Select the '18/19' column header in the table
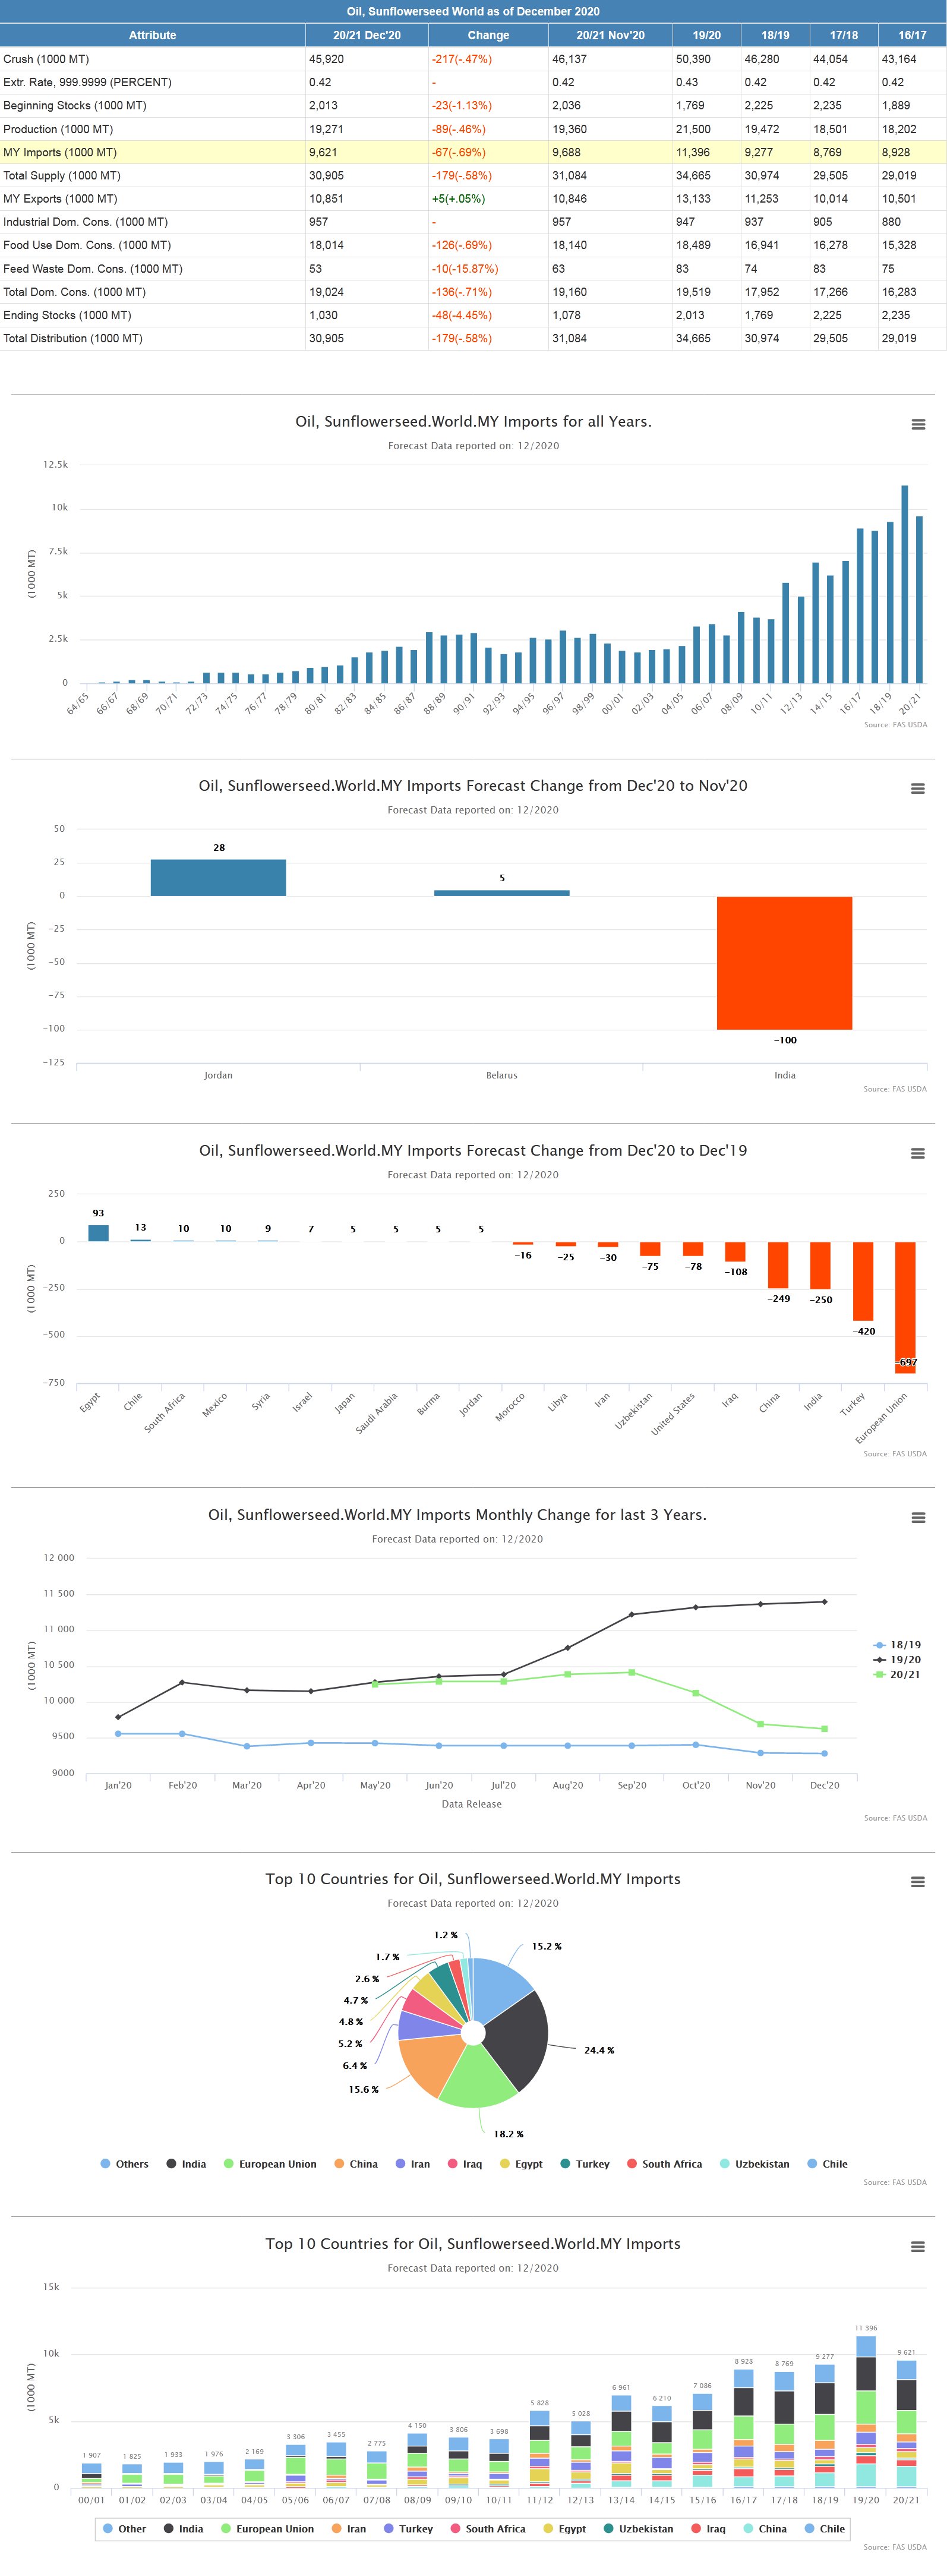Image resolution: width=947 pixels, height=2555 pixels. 775,34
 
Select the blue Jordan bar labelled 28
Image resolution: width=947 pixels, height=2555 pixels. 218,878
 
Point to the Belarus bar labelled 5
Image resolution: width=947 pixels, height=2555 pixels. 502,892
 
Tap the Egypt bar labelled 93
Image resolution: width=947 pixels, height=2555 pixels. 98,1233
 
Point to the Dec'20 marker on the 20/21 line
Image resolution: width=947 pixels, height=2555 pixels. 824,1729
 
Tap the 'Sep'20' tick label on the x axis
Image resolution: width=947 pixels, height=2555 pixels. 632,1786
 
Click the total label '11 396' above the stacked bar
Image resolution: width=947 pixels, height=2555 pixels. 866,2327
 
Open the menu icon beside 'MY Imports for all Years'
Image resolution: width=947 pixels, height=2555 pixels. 918,424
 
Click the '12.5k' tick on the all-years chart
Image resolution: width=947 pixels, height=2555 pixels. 55,464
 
